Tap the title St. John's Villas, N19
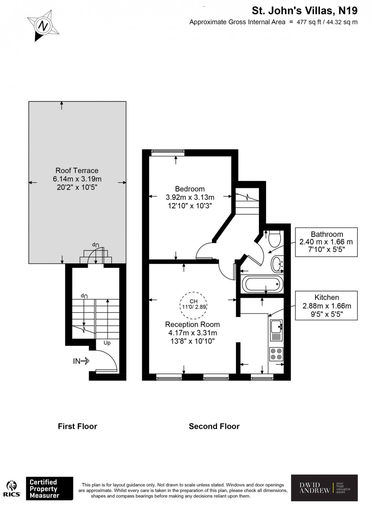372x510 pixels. tap(305, 11)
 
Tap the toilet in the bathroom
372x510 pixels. tap(274, 238)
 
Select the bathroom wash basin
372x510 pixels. tap(277, 263)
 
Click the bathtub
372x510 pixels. tap(263, 284)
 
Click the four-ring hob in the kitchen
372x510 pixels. tap(276, 354)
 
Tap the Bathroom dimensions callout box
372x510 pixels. tap(326, 242)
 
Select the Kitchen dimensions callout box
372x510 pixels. tap(326, 306)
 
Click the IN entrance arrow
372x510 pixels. tap(81, 361)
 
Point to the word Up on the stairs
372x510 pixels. tap(107, 343)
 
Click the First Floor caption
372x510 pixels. tap(77, 426)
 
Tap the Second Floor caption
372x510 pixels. tap(214, 426)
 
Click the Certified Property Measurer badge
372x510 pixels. tap(49, 489)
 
